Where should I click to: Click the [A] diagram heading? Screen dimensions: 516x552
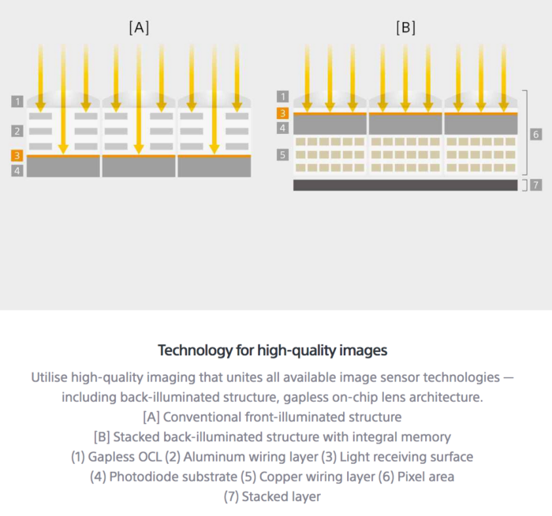coord(139,28)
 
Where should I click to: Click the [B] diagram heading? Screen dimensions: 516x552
coord(405,28)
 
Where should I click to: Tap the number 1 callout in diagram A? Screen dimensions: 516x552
coord(17,102)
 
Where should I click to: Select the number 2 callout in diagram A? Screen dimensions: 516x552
coord(17,131)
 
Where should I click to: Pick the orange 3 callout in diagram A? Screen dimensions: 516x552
coord(17,156)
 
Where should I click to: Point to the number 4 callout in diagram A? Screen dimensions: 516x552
coord(17,169)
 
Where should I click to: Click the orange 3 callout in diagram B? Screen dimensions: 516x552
coord(283,113)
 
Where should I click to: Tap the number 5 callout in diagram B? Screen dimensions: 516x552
coord(283,155)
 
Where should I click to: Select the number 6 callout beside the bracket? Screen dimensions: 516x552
coord(535,135)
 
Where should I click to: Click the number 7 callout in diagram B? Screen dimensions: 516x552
coord(535,185)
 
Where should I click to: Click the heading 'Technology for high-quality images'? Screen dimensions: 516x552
coord(272,350)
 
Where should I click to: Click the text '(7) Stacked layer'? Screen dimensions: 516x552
coord(272,496)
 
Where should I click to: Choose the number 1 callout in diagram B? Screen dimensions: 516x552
coord(283,96)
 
